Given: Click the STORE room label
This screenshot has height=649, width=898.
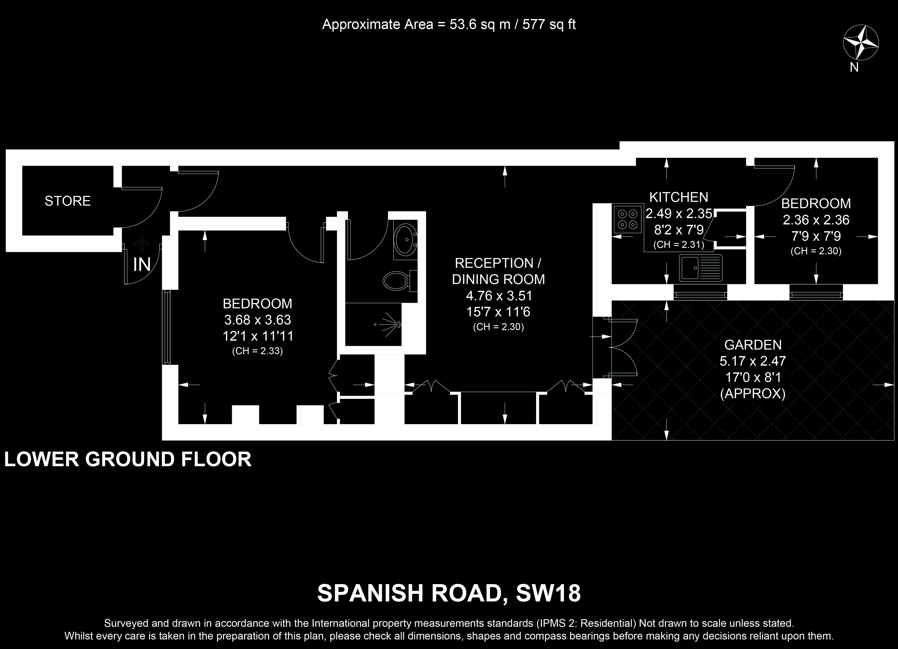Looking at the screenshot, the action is pyautogui.click(x=68, y=201).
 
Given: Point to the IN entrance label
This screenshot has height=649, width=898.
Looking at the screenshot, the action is pyautogui.click(x=142, y=265).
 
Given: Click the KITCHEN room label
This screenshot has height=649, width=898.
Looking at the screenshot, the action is pyautogui.click(x=679, y=197).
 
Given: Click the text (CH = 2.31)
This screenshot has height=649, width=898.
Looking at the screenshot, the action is pyautogui.click(x=679, y=245).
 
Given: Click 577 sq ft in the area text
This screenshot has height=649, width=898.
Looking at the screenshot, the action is pyautogui.click(x=549, y=25).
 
